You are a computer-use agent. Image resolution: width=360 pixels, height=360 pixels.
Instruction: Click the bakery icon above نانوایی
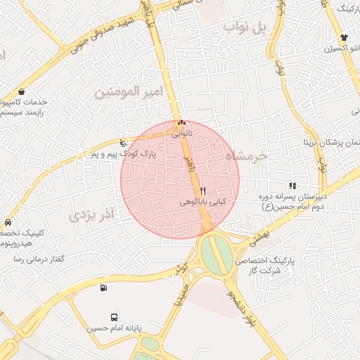pos(181,122)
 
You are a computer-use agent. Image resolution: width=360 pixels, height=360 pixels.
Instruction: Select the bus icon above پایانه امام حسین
pos(115,317)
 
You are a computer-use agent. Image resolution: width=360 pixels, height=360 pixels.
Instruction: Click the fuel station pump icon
pos(104,287)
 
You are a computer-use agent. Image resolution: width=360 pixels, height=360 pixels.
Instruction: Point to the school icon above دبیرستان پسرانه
pos(292,186)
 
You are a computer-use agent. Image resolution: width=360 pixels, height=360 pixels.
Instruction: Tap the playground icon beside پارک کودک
pos(124,143)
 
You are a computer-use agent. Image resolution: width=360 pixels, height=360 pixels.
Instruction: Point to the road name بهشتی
pos(259,237)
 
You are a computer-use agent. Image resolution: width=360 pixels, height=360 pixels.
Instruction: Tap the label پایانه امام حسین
pos(115,328)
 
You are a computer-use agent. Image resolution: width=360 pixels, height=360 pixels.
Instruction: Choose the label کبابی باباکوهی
pos(203,202)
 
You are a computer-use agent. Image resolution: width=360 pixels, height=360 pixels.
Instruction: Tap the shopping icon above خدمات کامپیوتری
pos(22,91)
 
